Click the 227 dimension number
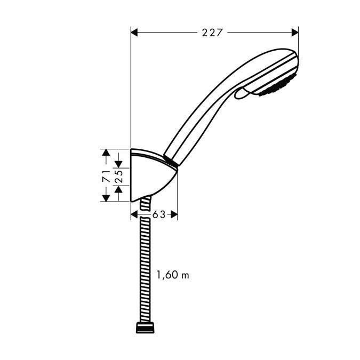coord(212,33)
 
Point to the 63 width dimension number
coord(158,214)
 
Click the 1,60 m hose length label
coord(172,275)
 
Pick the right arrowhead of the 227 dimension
coord(294,33)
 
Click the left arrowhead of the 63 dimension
coord(134,214)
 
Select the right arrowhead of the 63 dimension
coord(174,214)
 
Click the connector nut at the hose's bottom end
coord(145,327)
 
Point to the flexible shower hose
coord(145,267)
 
